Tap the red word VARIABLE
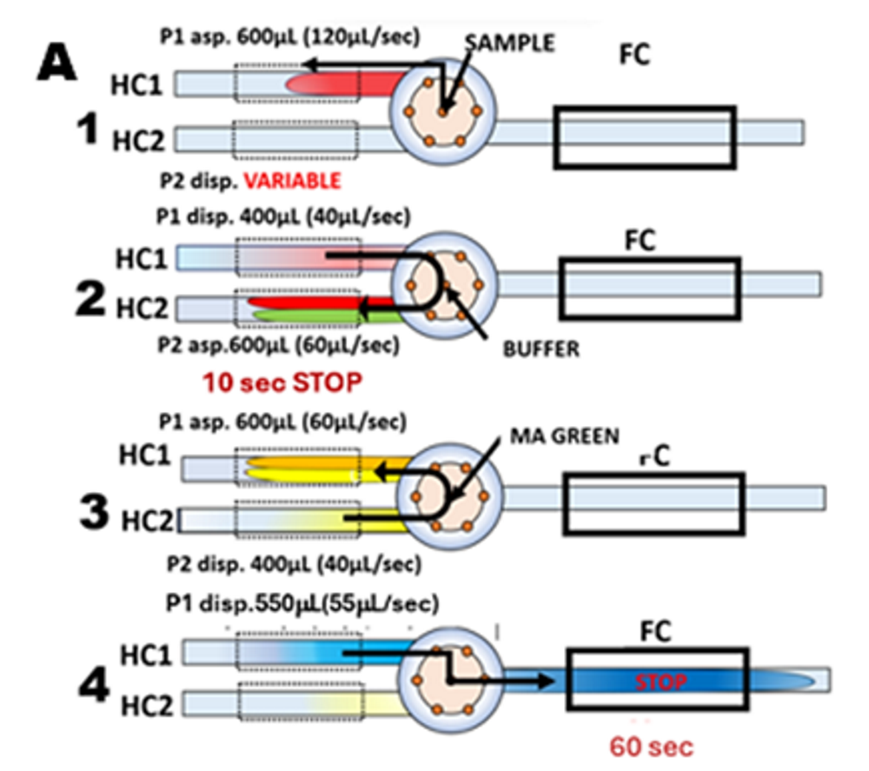click(x=290, y=181)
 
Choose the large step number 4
click(x=89, y=683)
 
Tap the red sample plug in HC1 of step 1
click(x=343, y=84)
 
